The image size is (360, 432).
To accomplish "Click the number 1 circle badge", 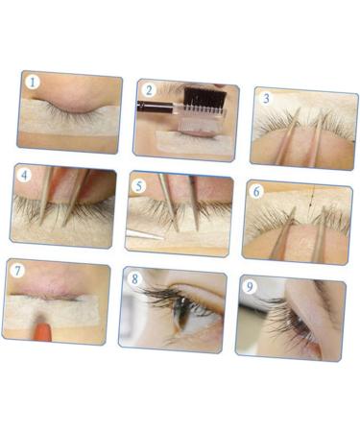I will [33, 83].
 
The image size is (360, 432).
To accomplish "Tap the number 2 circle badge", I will [148, 91].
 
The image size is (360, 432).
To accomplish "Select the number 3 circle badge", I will [266, 98].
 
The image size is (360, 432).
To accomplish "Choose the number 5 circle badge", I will [140, 185].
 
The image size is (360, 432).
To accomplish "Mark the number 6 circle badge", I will [256, 191].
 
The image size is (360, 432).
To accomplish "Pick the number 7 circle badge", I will [17, 271].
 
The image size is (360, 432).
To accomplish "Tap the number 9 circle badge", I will [250, 285].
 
